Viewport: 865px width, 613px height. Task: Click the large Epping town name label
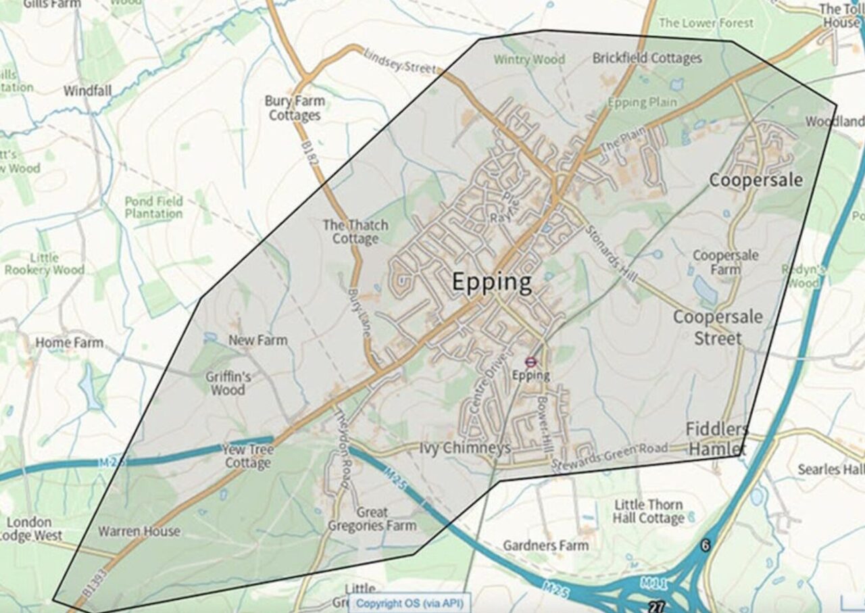[491, 282]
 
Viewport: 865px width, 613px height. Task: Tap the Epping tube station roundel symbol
[530, 362]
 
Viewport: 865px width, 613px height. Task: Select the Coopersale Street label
[718, 327]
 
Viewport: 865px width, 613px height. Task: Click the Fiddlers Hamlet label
[717, 439]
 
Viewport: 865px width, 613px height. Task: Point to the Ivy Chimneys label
[464, 448]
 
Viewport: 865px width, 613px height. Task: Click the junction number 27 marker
[654, 606]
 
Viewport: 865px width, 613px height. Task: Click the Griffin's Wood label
[228, 383]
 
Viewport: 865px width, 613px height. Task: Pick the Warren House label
[139, 531]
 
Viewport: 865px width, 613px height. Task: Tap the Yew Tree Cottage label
[248, 456]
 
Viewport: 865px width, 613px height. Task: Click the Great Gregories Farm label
[372, 519]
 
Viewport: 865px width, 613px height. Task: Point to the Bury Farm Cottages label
[295, 108]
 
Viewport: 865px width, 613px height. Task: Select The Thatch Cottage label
[355, 232]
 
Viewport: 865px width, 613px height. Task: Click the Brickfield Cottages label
[647, 58]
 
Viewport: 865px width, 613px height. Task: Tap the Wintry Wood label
[528, 59]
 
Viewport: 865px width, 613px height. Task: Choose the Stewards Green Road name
[609, 456]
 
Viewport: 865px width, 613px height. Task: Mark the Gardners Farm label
[545, 545]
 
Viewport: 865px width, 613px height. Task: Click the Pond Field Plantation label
[153, 207]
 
